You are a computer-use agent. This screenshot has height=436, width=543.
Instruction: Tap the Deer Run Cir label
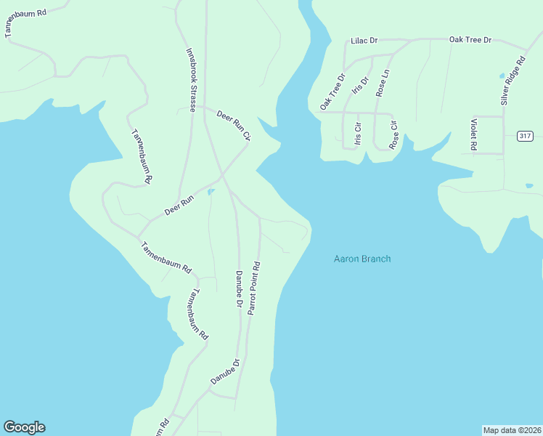[x=233, y=125]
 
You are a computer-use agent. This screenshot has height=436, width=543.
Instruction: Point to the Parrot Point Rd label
[x=253, y=288]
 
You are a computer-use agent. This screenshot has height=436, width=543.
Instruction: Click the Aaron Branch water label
[x=362, y=259]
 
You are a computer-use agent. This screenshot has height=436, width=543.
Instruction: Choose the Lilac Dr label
[x=364, y=41]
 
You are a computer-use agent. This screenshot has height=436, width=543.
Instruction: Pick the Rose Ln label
[x=383, y=83]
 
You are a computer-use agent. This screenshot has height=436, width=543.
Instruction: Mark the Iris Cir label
[x=357, y=133]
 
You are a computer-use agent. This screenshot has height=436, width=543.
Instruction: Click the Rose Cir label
[x=393, y=134]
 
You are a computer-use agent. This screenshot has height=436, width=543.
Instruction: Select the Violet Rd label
[x=473, y=134]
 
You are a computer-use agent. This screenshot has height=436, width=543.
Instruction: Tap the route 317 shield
[x=526, y=137]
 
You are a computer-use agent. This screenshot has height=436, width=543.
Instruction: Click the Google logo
[x=24, y=427]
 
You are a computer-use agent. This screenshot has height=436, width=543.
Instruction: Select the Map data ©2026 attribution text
[x=512, y=429]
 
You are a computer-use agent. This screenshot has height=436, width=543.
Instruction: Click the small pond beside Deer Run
[x=211, y=192]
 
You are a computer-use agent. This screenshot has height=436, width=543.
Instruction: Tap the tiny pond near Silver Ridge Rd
[x=501, y=76]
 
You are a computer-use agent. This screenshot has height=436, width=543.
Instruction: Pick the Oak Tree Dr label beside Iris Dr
[x=332, y=92]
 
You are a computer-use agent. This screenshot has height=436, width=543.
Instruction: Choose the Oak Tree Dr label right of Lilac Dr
[x=470, y=39]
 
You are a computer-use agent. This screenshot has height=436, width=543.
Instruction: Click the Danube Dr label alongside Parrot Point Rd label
[x=238, y=289]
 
